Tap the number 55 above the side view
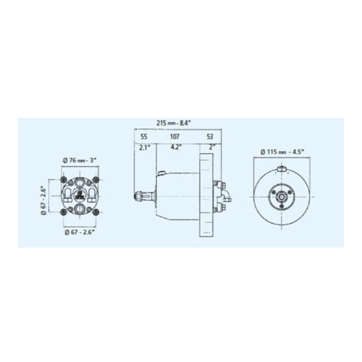[x=144, y=137]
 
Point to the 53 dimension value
[x=209, y=137]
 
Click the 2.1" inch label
[x=144, y=147]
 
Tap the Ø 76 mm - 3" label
[x=80, y=160]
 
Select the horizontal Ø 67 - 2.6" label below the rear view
[x=80, y=232]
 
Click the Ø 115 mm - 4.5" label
[x=282, y=152]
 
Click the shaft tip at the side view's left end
[x=139, y=196]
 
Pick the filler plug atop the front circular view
[x=282, y=170]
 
